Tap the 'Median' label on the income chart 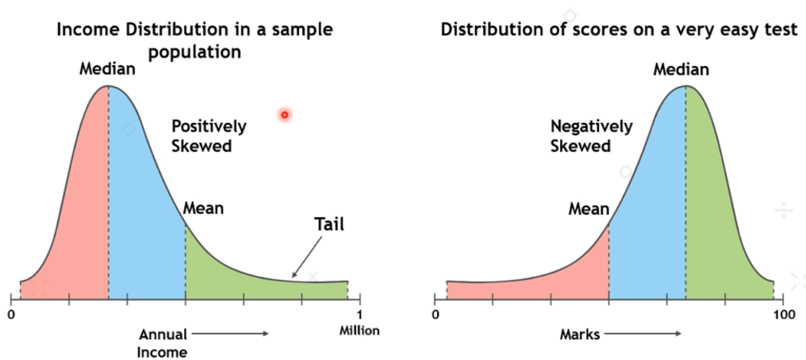(x=107, y=69)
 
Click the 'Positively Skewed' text (x=209, y=136)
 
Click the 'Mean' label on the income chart (x=203, y=209)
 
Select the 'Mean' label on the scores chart (x=589, y=209)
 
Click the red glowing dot (x=284, y=115)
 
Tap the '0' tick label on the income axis (x=11, y=314)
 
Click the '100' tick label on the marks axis (x=784, y=315)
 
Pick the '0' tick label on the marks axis (x=436, y=315)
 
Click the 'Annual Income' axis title (x=162, y=343)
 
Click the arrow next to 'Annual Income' (x=230, y=334)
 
